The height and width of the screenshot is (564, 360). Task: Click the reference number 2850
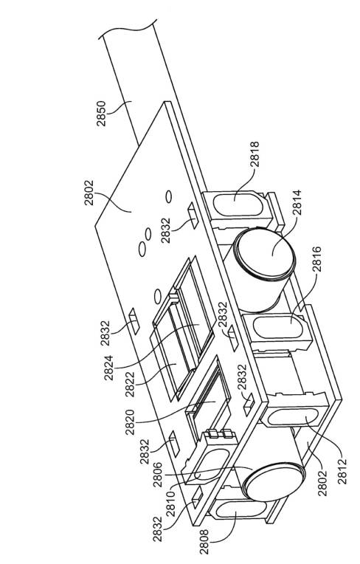pyautogui.click(x=101, y=113)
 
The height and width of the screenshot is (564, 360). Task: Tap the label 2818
pyautogui.click(x=255, y=154)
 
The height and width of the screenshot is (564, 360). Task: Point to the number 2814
pyautogui.click(x=297, y=203)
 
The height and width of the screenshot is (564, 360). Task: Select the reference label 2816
pyautogui.click(x=317, y=259)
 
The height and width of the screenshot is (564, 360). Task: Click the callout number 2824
pyautogui.click(x=109, y=368)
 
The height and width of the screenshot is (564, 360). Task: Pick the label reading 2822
pyautogui.click(x=130, y=384)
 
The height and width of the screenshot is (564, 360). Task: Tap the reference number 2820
pyautogui.click(x=130, y=422)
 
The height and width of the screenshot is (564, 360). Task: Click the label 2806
pyautogui.click(x=158, y=475)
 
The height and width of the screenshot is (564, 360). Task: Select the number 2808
pyautogui.click(x=204, y=542)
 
